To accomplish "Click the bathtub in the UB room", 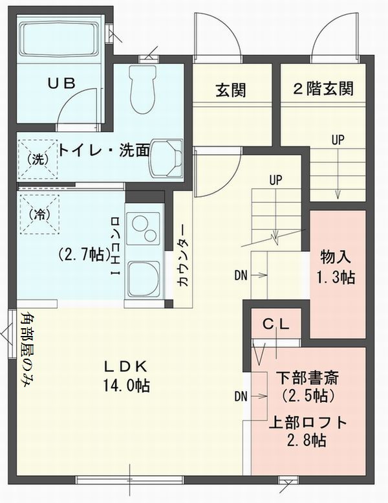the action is (59, 39).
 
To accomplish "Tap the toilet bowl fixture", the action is (143, 89).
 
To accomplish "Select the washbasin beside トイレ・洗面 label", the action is (167, 158).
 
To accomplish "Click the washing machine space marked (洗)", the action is (38, 159).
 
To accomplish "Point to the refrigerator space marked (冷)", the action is (40, 214).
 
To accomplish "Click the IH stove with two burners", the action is (142, 229).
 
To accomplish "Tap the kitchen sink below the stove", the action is (144, 279).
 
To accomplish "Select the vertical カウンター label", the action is (182, 254).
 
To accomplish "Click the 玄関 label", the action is (231, 89).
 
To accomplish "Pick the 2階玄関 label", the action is (323, 89).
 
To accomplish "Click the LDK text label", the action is (125, 366).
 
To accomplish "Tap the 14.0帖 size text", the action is (126, 385).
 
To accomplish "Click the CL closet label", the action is (276, 324).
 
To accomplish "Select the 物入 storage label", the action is (336, 257).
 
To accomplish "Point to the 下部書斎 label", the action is (308, 378).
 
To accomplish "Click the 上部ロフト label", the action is (308, 423).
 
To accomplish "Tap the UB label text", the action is (62, 84).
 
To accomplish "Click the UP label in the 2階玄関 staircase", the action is (338, 140).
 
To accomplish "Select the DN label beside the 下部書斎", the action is (241, 396).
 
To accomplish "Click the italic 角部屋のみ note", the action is (28, 350).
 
